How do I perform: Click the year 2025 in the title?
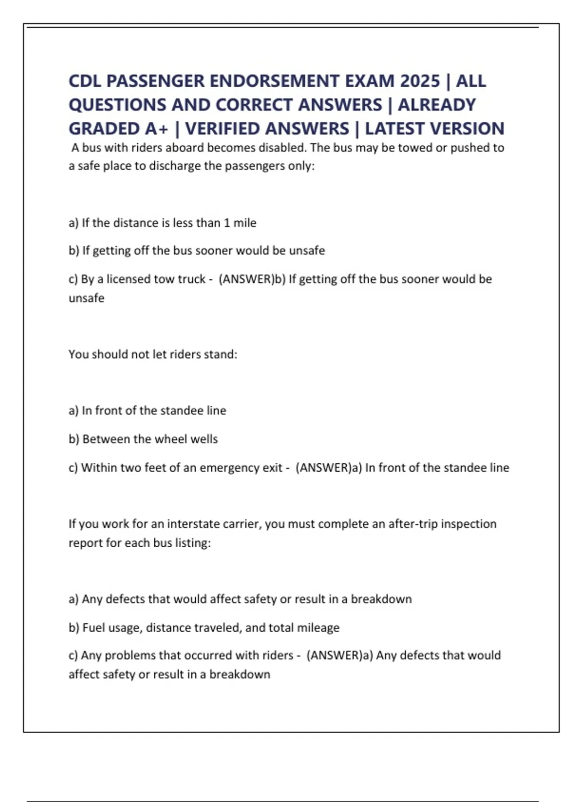[420, 81]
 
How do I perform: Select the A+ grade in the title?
[154, 128]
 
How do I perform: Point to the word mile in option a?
[245, 223]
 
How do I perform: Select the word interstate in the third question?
[194, 524]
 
